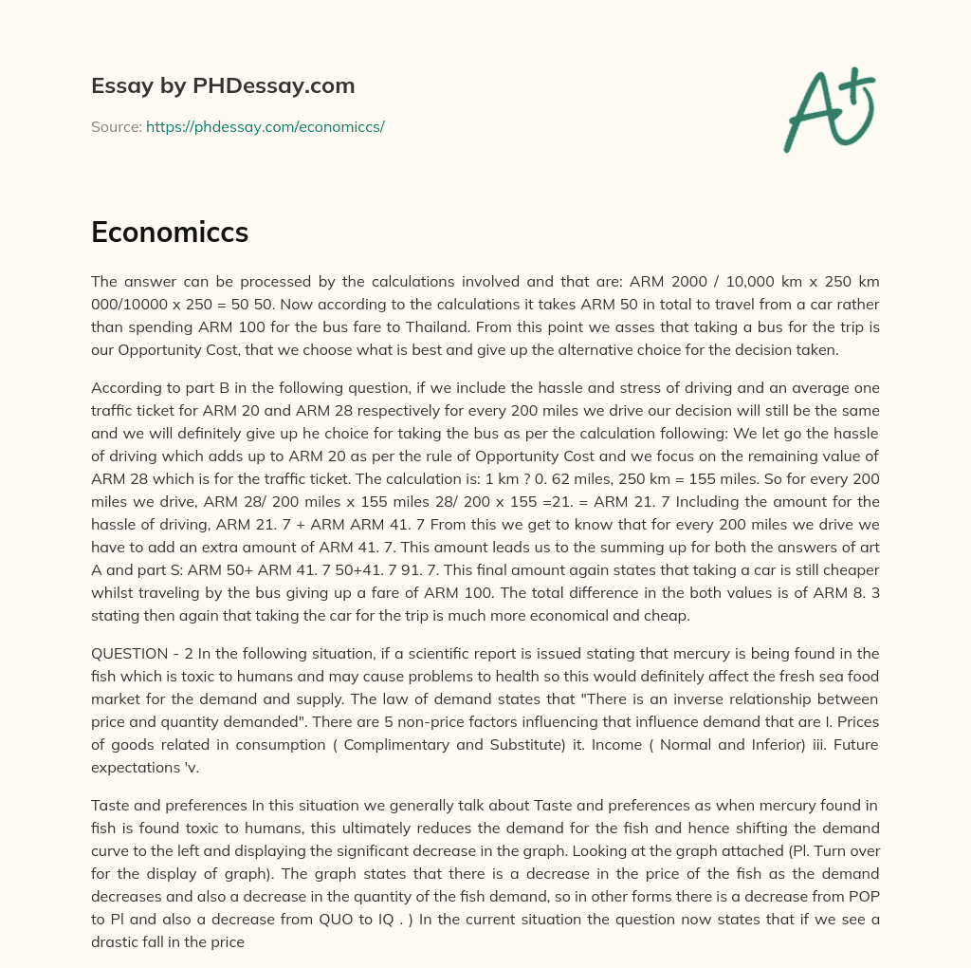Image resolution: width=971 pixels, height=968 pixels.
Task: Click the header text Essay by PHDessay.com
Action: click(223, 85)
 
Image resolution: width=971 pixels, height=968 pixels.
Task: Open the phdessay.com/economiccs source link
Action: click(265, 126)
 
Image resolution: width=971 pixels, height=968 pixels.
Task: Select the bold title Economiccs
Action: click(170, 233)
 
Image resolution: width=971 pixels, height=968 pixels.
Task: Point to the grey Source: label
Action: click(116, 126)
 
